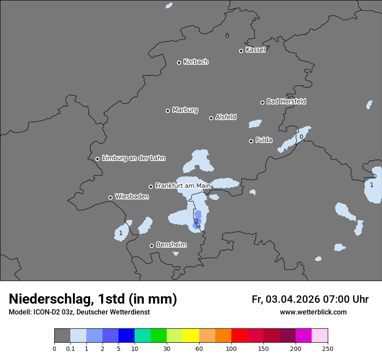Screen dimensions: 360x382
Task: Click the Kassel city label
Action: (255, 50)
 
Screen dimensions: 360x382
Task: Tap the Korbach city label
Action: (196, 62)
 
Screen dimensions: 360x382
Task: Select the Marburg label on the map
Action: (185, 110)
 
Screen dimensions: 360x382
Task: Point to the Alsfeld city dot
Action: (211, 118)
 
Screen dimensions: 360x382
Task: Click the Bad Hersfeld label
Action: (286, 101)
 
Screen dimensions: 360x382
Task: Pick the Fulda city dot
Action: (251, 141)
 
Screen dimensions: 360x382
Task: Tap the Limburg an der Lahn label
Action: (133, 158)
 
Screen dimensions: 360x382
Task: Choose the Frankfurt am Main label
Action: (183, 186)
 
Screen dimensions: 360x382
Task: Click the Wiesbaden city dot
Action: (110, 197)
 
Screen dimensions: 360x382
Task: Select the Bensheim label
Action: (171, 245)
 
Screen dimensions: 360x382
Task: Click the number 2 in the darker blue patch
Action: (197, 222)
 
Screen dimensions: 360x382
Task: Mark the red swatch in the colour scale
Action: (239, 336)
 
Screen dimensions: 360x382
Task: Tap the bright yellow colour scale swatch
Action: (191, 336)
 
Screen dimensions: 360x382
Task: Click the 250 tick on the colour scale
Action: (328, 348)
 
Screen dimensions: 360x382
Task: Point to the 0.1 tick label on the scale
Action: (70, 348)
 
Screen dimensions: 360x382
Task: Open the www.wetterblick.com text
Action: (313, 312)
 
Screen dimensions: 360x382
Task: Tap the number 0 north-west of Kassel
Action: (227, 36)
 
